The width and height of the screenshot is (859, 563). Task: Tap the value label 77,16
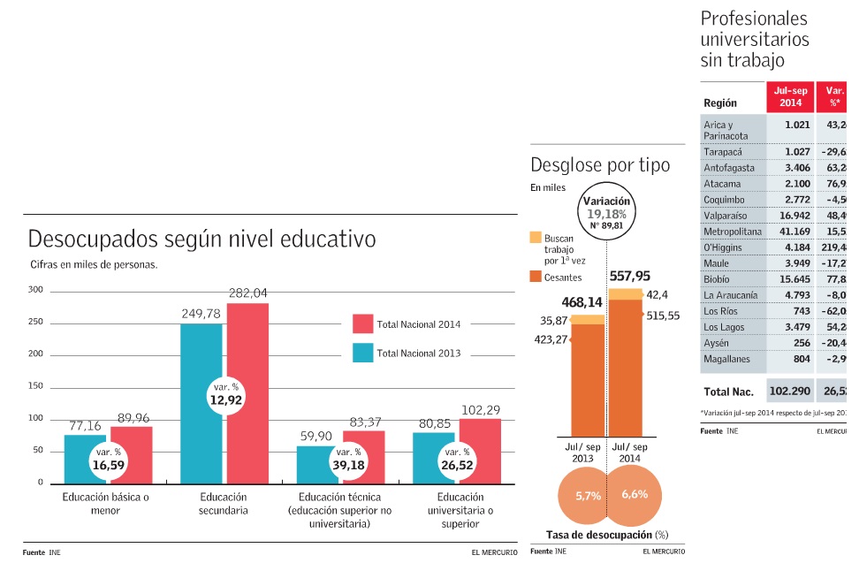click(86, 427)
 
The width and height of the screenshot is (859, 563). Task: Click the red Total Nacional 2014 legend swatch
click(362, 324)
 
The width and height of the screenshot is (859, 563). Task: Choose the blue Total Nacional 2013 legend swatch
click(362, 354)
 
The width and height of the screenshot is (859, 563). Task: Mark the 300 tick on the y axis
click(35, 290)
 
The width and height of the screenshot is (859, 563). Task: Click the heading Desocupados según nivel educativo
click(202, 240)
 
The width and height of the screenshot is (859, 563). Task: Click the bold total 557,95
click(630, 276)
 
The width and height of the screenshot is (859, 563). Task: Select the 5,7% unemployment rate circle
click(588, 496)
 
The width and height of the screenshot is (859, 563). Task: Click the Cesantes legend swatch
click(536, 277)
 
